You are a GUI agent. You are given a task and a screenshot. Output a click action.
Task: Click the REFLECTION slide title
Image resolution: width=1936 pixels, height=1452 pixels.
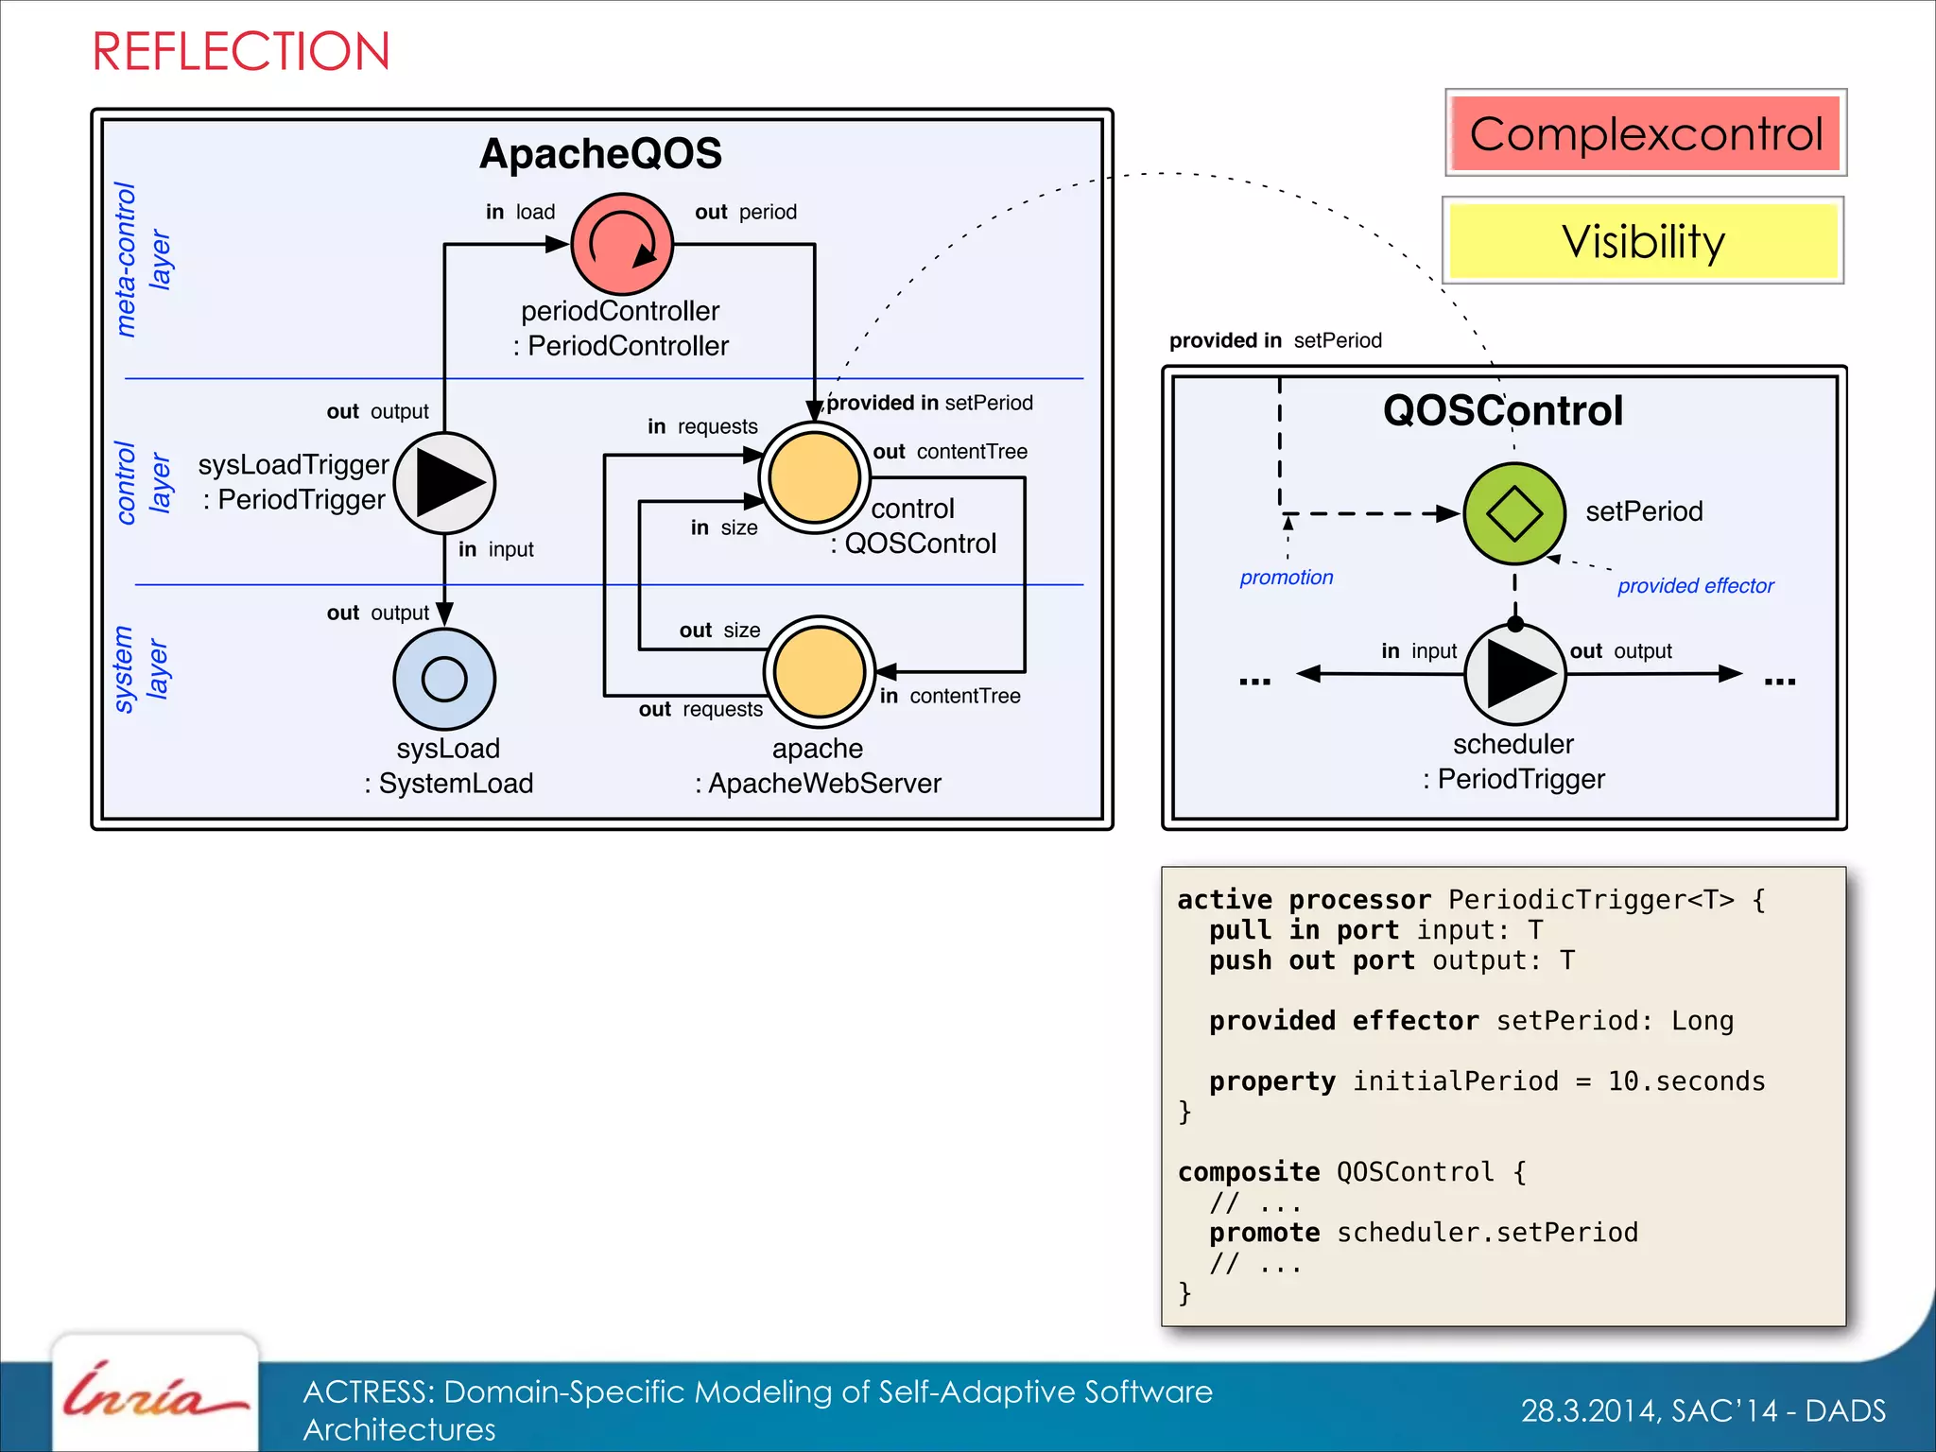click(x=240, y=51)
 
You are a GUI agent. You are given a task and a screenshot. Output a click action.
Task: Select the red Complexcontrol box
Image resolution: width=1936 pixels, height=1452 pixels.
click(x=1645, y=133)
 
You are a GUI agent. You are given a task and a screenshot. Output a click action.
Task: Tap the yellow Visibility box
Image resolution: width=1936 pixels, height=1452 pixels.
click(x=1643, y=241)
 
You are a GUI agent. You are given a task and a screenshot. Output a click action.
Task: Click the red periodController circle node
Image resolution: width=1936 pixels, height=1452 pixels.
click(x=622, y=244)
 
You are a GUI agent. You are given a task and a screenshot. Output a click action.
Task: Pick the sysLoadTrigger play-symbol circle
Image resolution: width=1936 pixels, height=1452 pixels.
click(x=444, y=482)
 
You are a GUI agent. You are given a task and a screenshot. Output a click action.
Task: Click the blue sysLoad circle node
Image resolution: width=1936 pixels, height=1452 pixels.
click(x=444, y=678)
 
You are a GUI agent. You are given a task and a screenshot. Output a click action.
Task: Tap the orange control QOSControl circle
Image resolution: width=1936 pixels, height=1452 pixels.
click(x=814, y=477)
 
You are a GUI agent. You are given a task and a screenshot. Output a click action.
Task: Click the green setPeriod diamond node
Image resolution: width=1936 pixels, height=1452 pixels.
click(x=1514, y=513)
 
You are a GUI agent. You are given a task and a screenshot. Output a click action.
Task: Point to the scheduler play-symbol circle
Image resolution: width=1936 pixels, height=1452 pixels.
click(x=1515, y=674)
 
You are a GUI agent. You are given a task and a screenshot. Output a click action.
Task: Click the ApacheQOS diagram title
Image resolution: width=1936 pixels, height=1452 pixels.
click(x=600, y=153)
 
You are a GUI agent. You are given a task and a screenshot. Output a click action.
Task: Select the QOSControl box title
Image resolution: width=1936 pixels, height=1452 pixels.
click(x=1503, y=410)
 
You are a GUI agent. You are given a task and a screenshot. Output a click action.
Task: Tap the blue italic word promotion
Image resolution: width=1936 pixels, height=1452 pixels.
click(x=1286, y=578)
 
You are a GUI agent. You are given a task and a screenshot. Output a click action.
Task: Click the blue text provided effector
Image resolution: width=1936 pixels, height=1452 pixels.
click(x=1695, y=586)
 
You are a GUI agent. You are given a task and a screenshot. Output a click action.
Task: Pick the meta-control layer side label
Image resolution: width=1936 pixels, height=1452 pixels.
click(x=142, y=259)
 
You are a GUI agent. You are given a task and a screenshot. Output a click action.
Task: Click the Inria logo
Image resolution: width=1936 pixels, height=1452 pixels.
click(x=154, y=1393)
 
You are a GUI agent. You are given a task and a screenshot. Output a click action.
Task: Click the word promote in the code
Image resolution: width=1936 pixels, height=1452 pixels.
click(x=1264, y=1233)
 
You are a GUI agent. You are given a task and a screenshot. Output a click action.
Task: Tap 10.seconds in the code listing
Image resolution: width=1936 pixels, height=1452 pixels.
click(x=1685, y=1081)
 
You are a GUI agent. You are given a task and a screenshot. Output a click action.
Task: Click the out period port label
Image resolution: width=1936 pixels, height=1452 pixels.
click(x=745, y=212)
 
